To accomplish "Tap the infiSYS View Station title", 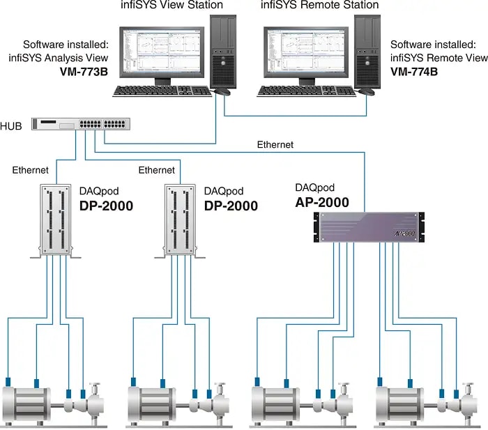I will coord(172,6).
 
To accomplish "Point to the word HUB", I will coord(12,125).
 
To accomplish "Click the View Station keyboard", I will coord(162,91).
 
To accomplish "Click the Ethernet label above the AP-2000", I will coord(275,145).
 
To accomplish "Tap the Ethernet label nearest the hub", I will coord(31,170).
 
